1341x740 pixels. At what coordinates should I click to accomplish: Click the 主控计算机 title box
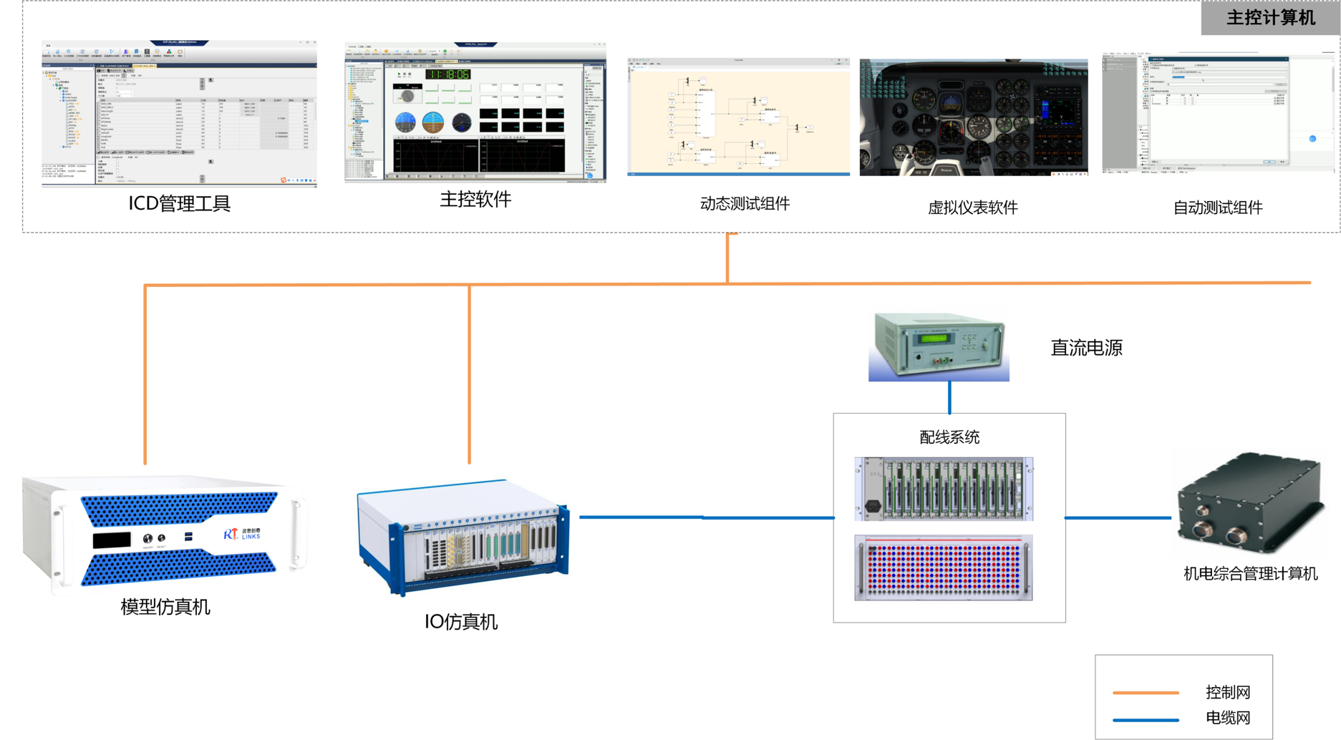pos(1269,17)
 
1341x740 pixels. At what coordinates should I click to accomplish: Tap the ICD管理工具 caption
pos(179,204)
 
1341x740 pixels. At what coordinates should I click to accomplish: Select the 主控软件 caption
pos(475,200)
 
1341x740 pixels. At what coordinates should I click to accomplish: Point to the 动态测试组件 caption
pos(745,204)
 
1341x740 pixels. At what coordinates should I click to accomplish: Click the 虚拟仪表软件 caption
pos(972,208)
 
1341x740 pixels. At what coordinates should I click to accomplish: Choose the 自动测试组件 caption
pos(1217,208)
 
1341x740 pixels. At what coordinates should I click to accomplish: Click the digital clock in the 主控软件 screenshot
pos(447,74)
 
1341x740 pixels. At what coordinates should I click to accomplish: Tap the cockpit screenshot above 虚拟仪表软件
pos(973,117)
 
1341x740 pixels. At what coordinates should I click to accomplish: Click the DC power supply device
pos(939,347)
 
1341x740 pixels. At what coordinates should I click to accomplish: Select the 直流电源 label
pos(1086,349)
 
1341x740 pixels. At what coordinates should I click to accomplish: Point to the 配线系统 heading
pos(949,437)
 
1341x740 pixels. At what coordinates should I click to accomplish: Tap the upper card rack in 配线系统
pos(944,488)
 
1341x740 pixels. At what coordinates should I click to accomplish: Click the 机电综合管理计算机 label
pos(1250,574)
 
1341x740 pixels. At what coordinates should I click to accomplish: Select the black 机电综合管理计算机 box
pos(1249,504)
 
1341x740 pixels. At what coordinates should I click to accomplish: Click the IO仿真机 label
pos(460,622)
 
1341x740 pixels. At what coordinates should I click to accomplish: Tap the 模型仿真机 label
pos(165,608)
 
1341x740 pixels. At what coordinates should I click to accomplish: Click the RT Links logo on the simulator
pos(242,534)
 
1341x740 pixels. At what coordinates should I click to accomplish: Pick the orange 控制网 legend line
pos(1146,693)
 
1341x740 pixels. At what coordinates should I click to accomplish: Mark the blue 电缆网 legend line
pos(1146,719)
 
